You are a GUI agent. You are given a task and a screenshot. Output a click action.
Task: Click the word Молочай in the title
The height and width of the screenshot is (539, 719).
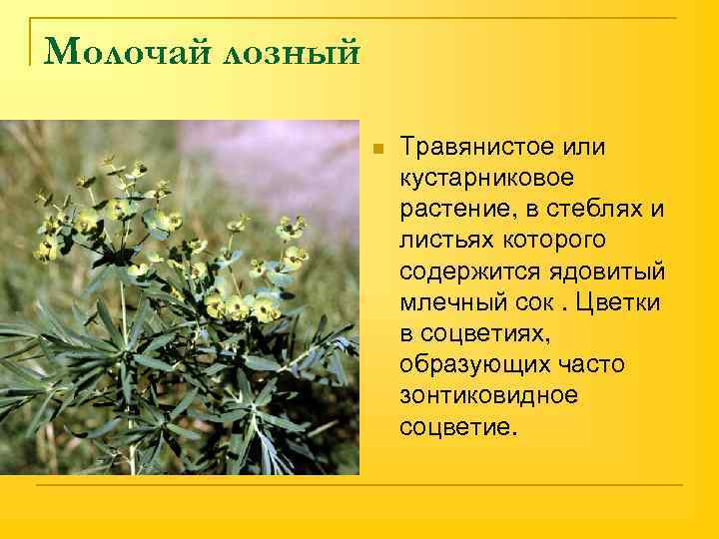(119, 50)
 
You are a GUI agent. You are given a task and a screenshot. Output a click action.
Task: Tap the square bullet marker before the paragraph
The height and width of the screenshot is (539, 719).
(375, 149)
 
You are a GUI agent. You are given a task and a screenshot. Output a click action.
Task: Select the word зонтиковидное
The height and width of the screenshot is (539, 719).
(488, 395)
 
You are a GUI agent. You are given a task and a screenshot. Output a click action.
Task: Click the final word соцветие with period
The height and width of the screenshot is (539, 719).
(458, 426)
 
